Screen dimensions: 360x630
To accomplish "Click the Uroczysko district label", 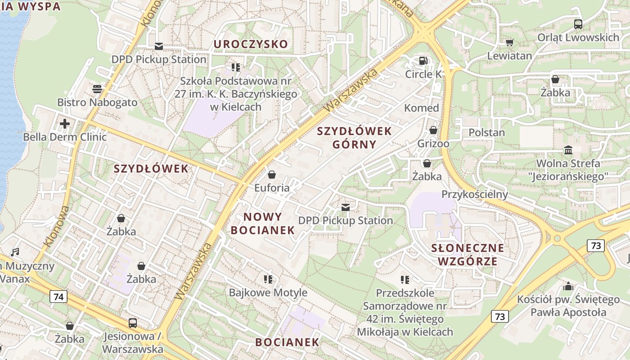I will coord(251,44).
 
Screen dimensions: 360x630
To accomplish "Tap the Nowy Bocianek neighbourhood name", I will coord(263,223).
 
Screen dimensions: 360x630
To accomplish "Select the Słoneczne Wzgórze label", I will coord(468,255).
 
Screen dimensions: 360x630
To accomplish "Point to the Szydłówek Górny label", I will coord(354,138).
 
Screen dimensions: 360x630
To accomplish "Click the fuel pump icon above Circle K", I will coord(423,61).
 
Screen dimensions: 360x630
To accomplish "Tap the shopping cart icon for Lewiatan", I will coord(509,42).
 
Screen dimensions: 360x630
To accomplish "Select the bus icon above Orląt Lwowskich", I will coord(578,24).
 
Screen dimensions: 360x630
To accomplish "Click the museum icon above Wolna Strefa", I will coord(568,150).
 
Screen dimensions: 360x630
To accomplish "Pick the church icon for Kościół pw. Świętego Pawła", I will coord(568,286).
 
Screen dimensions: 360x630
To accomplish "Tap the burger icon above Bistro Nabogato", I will coord(97,89).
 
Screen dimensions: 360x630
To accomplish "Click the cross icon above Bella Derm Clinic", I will coord(65,123).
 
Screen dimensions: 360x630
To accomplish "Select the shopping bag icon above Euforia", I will coord(272,175).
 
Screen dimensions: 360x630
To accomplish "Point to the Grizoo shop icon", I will coord(433,130).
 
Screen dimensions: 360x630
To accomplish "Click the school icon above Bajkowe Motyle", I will coord(268,279).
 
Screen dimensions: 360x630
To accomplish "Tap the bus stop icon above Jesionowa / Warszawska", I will coord(133,323).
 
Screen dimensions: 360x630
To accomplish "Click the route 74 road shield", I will coord(58,297).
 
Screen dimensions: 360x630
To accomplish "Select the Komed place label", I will coord(421,108).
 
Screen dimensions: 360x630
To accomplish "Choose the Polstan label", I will coord(486,133).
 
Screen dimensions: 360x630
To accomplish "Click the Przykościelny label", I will coord(474,194).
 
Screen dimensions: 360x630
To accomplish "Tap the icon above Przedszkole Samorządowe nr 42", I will coord(405,280).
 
